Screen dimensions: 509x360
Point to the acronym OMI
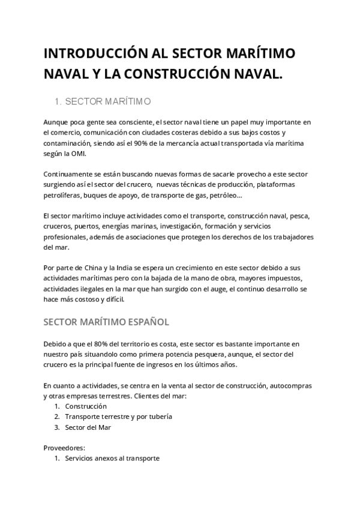click(x=79, y=154)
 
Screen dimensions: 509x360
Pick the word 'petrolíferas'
click(x=62, y=195)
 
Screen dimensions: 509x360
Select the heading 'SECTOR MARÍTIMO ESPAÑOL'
click(x=106, y=322)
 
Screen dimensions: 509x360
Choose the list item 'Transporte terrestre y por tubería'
click(x=118, y=417)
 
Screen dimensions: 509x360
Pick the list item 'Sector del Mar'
click(x=88, y=427)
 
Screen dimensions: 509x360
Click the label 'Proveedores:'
click(x=64, y=447)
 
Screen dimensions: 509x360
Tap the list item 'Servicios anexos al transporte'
click(x=112, y=458)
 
